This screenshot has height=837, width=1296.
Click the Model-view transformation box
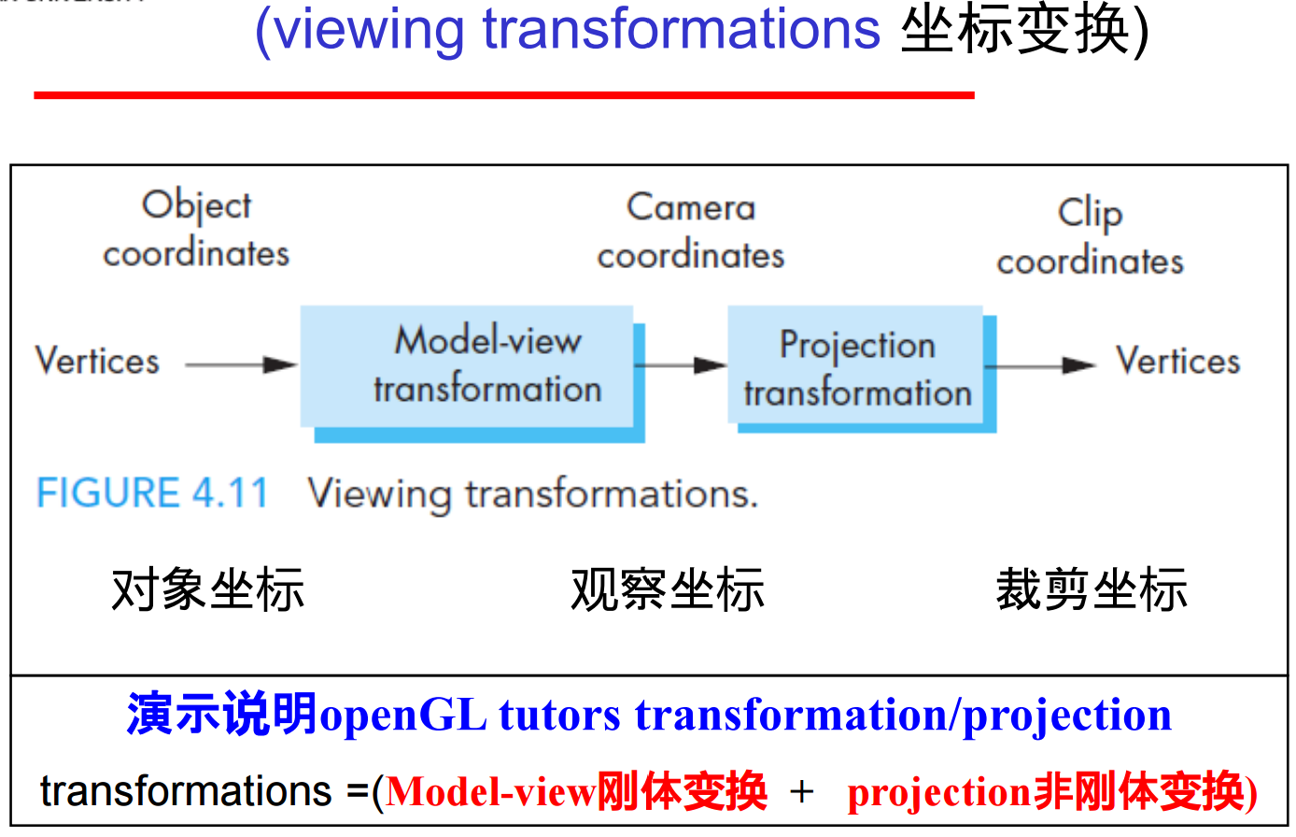[472, 368]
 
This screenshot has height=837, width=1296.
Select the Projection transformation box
[858, 368]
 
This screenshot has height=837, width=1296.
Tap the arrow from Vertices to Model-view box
[240, 364]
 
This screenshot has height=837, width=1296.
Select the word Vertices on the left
[97, 362]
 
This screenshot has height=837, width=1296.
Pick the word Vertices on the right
[1177, 362]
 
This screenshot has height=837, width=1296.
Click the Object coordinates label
[196, 230]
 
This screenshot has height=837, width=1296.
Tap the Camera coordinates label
[690, 232]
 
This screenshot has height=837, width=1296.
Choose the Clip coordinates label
[1090, 237]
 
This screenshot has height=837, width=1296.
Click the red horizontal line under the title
[504, 94]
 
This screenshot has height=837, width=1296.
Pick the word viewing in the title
[370, 30]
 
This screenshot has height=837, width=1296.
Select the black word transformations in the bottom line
[186, 791]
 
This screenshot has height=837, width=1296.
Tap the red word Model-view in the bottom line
[491, 792]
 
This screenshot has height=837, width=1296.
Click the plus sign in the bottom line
[801, 792]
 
